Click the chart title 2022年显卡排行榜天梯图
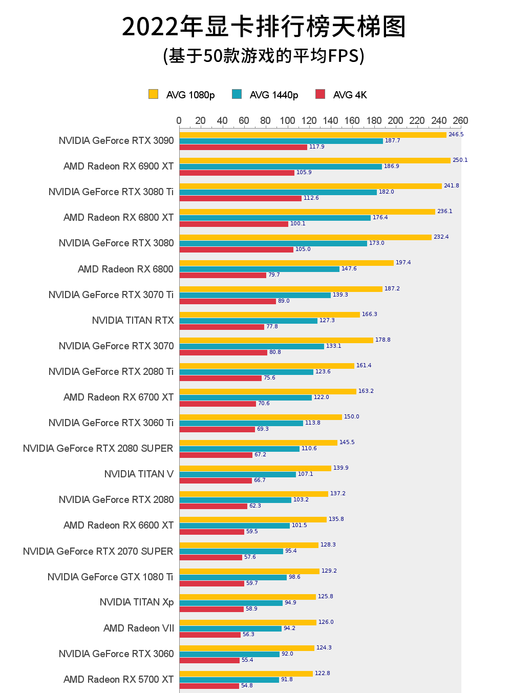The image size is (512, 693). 264,27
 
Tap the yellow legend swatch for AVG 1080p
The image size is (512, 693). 153,94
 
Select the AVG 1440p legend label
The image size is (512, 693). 273,95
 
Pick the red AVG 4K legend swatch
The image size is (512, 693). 321,94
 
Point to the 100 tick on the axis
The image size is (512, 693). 287,121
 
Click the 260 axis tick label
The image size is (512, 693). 460,121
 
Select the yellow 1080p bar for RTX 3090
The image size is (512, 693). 313,135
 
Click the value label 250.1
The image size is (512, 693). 460,160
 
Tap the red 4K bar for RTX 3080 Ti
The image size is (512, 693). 241,198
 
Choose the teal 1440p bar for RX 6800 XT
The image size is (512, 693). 275,218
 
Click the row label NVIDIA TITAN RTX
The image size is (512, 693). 133,320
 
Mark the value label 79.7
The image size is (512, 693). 274,275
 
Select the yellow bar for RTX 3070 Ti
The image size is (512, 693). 281,289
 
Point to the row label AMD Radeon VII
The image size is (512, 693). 139,628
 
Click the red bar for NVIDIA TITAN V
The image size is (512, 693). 216,480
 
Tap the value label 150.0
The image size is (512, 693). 351,417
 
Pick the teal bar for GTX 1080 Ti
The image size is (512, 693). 233,577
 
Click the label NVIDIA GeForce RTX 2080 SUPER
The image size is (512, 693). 98,448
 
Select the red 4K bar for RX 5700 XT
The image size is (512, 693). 209,686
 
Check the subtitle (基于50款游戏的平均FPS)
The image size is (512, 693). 264,55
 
